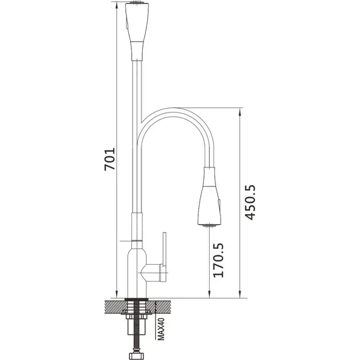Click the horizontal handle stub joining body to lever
coord(152,272)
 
